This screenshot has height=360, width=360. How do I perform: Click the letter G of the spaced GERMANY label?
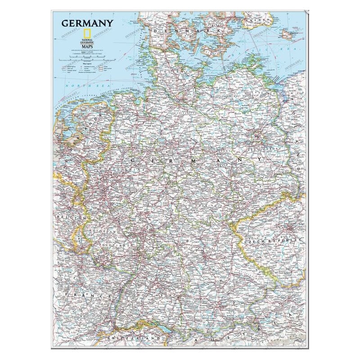coord(133,160)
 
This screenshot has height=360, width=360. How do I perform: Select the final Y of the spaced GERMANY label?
coord(260,160)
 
